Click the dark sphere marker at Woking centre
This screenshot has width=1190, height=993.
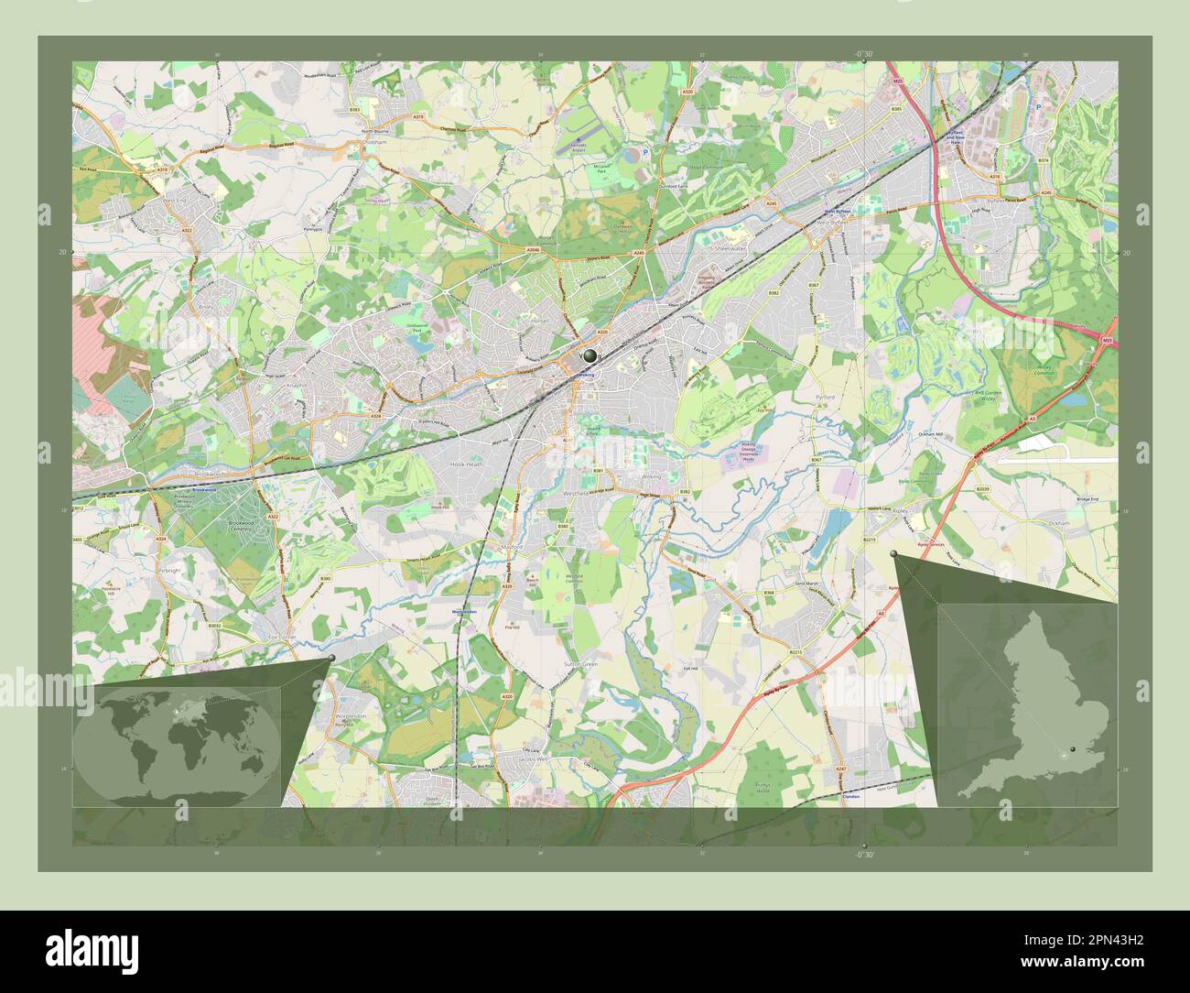[x=589, y=354]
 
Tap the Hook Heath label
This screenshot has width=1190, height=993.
[x=466, y=464]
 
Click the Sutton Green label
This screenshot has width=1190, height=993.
[x=581, y=663]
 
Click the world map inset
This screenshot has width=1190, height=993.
[x=177, y=743]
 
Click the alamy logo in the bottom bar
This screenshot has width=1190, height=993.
[x=96, y=950]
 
